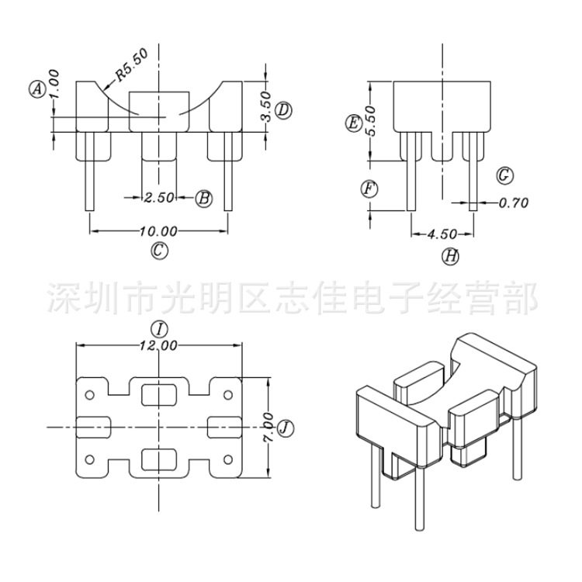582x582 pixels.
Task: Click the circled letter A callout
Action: click(36, 88)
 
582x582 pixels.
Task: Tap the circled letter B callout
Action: click(203, 198)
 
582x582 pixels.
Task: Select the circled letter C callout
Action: click(158, 250)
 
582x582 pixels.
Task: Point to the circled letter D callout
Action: click(283, 110)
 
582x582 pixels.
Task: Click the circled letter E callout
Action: click(353, 123)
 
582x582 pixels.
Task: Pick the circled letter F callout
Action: click(369, 189)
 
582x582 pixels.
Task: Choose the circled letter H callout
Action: click(451, 255)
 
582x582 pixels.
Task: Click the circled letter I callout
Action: click(159, 329)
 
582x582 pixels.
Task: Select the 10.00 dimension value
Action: click(158, 230)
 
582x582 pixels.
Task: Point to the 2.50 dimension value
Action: click(158, 198)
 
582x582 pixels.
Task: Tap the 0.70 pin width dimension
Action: click(513, 203)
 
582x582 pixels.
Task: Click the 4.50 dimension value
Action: click(441, 233)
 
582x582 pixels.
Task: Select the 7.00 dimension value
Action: click(268, 427)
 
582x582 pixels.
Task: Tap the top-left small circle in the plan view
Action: click(89, 395)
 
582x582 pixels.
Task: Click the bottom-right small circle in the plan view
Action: click(228, 458)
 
